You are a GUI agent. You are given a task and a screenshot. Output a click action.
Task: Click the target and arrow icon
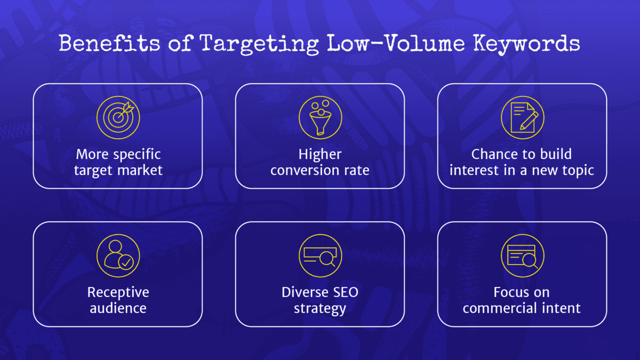point(118,117)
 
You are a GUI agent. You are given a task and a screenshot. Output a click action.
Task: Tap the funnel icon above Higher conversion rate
point(320,117)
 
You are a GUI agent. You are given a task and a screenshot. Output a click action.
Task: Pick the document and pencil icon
point(522,117)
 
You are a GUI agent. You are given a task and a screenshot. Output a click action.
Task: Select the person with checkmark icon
point(118,255)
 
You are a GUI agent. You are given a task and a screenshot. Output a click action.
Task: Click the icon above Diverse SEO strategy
point(320,255)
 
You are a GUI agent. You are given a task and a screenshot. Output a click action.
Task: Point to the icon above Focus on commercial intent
point(522,255)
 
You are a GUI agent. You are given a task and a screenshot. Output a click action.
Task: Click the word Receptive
point(118,292)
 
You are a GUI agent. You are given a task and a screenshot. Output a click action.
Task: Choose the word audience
point(118,308)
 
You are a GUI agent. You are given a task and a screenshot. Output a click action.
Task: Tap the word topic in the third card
point(578,171)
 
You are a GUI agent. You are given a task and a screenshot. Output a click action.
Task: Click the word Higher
point(320,155)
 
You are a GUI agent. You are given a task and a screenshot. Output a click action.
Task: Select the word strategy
point(320,308)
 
